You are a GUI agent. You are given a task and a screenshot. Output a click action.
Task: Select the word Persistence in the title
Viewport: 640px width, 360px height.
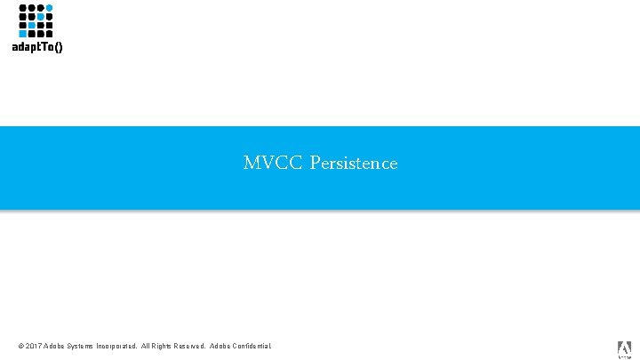point(354,164)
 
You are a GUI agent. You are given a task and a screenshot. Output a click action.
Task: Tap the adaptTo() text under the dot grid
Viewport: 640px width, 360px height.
point(37,48)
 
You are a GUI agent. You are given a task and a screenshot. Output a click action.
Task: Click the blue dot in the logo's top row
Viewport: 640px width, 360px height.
point(50,8)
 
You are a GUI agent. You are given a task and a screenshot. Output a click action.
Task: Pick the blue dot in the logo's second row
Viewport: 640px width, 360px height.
point(40,16)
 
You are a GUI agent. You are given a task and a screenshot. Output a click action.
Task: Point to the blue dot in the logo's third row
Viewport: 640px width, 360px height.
point(31,25)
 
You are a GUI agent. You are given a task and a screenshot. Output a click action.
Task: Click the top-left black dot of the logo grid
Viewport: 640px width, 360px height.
point(22,8)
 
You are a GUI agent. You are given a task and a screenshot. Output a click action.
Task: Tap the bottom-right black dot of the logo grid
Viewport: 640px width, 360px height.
point(50,34)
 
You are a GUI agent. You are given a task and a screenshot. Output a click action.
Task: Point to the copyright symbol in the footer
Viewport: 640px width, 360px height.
point(20,346)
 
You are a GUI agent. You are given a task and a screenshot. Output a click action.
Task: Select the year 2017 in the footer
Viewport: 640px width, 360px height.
point(34,346)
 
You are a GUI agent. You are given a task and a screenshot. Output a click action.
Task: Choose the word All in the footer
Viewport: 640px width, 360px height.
point(147,346)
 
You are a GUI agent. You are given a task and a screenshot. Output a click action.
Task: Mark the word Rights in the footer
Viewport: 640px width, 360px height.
point(164,346)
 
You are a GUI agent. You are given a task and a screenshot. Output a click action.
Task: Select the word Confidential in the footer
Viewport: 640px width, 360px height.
point(252,346)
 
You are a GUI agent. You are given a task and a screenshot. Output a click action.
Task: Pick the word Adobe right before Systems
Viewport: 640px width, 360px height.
point(55,346)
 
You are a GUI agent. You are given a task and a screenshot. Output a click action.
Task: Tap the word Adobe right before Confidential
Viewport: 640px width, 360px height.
point(220,346)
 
